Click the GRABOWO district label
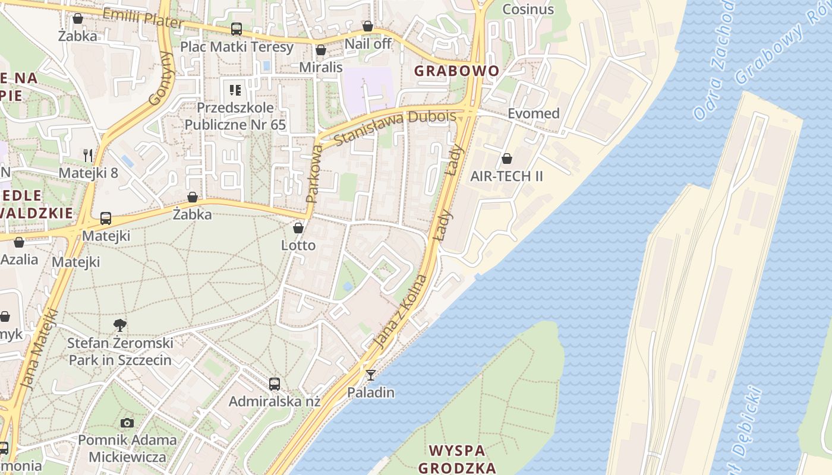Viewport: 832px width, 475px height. click(x=456, y=71)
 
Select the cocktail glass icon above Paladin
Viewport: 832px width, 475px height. click(x=371, y=375)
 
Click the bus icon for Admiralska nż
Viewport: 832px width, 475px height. click(x=274, y=384)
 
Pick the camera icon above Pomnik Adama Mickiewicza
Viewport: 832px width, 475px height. click(x=127, y=423)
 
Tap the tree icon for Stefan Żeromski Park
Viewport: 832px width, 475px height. click(x=120, y=325)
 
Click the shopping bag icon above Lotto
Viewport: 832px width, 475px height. click(x=298, y=227)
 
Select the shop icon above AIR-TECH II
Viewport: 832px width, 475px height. click(x=507, y=159)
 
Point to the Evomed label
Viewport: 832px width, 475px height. click(x=533, y=113)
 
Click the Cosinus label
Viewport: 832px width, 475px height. click(x=528, y=9)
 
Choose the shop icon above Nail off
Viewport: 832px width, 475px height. click(x=368, y=26)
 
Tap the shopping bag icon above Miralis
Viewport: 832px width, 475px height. click(x=321, y=50)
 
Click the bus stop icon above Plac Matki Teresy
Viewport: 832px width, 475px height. click(x=237, y=28)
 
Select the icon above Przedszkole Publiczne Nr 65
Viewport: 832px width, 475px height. click(x=235, y=90)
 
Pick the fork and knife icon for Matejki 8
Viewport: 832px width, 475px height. click(x=88, y=156)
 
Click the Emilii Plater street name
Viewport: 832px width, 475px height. click(x=143, y=18)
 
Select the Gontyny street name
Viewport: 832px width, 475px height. click(x=160, y=78)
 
